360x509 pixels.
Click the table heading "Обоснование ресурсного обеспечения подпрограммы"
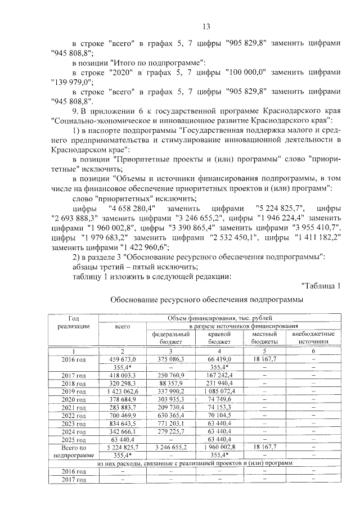(x=206, y=300)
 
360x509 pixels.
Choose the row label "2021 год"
(x=74, y=406)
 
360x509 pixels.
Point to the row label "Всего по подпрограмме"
(x=74, y=450)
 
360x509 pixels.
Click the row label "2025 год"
(x=74, y=438)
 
